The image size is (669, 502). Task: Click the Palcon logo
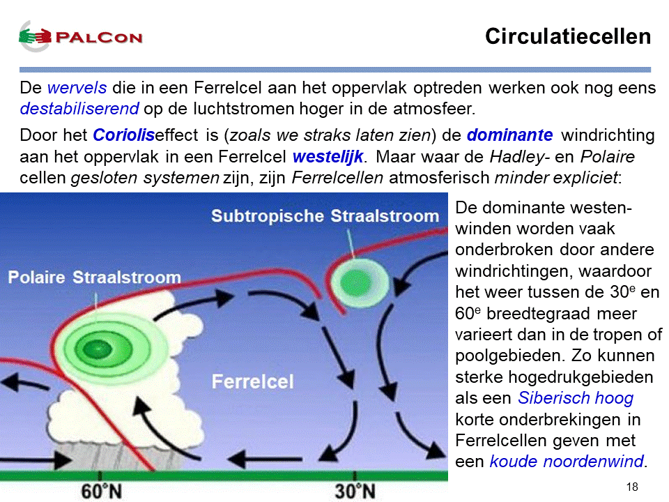[80, 37]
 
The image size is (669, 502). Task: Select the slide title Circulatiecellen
[568, 36]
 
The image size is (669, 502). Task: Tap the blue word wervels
[77, 88]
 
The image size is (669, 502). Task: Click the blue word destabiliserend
[79, 109]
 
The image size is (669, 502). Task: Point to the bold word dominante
[510, 135]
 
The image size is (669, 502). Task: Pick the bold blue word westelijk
[328, 157]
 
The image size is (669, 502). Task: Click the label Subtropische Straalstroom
[325, 216]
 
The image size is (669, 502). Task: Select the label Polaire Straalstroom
[94, 277]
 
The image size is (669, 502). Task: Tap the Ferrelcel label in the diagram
[252, 381]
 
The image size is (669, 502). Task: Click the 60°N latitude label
[102, 492]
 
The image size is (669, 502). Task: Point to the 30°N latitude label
[355, 492]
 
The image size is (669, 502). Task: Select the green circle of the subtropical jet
[359, 282]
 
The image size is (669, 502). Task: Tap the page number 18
[632, 487]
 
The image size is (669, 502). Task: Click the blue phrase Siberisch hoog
[576, 398]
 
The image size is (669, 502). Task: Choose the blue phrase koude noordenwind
[567, 462]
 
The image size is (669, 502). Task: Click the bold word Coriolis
[124, 135]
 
